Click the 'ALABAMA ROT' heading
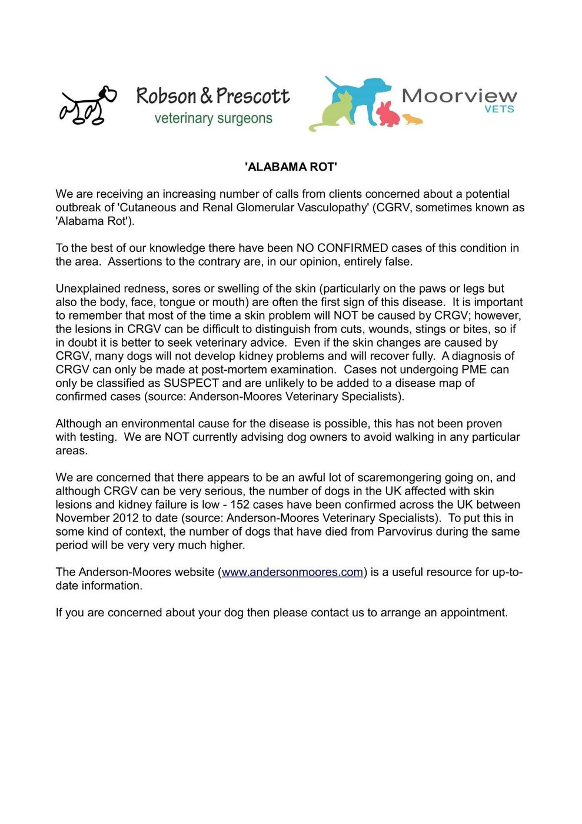[x=291, y=167]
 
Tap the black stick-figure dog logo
[x=87, y=106]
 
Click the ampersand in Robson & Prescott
[x=206, y=96]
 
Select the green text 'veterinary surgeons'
[x=213, y=118]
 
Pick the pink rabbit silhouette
[x=388, y=114]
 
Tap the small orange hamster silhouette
[x=413, y=119]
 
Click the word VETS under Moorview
[x=499, y=109]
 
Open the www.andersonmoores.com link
[x=292, y=572]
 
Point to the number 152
[x=240, y=504]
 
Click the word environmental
[x=163, y=424]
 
